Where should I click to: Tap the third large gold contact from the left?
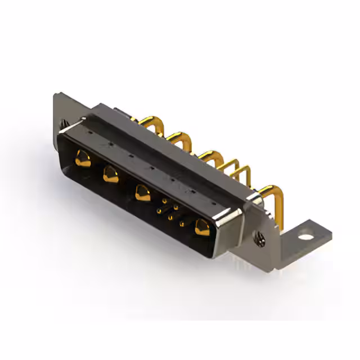[x=142, y=194]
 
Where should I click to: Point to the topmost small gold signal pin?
[x=164, y=200]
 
